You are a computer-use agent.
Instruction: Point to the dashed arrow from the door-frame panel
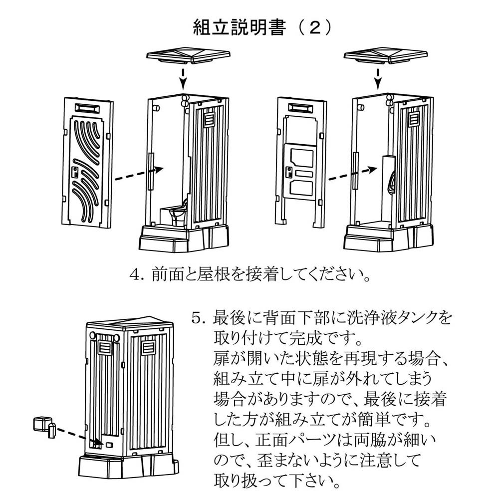[349, 174]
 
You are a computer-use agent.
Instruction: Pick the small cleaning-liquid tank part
[44, 426]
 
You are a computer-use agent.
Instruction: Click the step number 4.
[136, 275]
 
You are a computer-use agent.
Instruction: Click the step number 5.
[198, 317]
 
